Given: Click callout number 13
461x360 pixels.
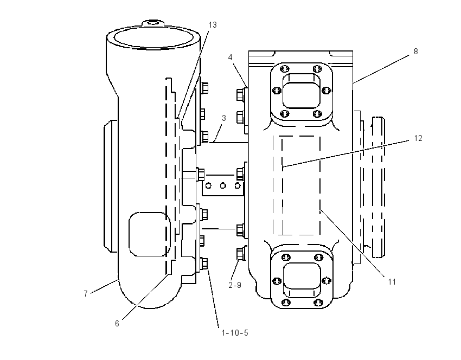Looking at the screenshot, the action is pyautogui.click(x=213, y=25).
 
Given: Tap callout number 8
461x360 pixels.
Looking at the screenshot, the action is pyautogui.click(x=416, y=52).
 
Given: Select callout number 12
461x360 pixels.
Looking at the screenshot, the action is pyautogui.click(x=418, y=138).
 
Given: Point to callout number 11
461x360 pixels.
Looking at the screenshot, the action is pyautogui.click(x=392, y=282).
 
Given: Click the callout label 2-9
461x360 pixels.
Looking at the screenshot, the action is pyautogui.click(x=235, y=285).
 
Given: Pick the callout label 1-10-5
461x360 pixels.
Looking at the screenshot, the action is pyautogui.click(x=235, y=333).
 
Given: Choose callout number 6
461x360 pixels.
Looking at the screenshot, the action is pyautogui.click(x=117, y=324).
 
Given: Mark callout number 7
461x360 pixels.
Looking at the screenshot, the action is pyautogui.click(x=86, y=293).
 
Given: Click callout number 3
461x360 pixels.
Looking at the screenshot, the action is pyautogui.click(x=224, y=118).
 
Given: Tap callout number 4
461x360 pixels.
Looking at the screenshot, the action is pyautogui.click(x=230, y=57).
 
